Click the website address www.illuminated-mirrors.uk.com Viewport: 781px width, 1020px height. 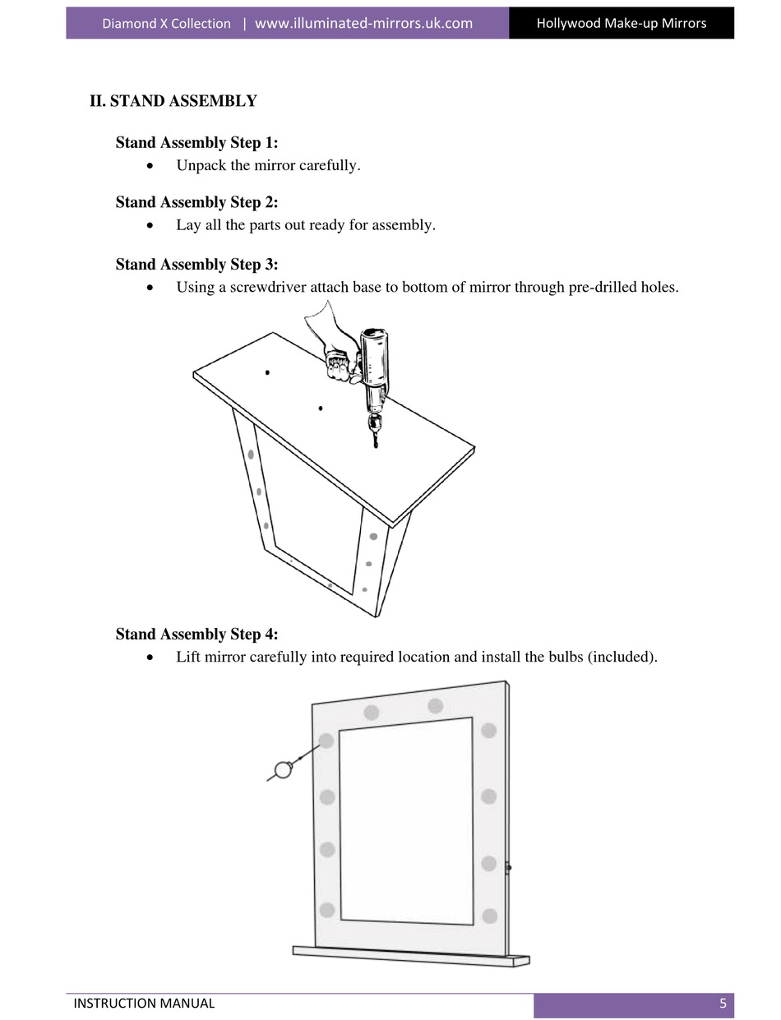[363, 23]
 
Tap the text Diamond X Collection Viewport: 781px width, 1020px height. [166, 23]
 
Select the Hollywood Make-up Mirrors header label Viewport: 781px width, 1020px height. [621, 23]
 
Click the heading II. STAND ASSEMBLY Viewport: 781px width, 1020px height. [173, 101]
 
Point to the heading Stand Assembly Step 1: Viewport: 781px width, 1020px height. [196, 143]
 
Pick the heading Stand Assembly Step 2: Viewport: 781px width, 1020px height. [196, 202]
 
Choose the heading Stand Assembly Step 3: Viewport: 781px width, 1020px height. [196, 265]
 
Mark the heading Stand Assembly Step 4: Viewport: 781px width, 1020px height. [196, 635]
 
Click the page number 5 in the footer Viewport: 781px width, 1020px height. [723, 1003]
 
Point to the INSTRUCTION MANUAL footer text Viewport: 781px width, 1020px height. [144, 1003]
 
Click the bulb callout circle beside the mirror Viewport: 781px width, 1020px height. [284, 769]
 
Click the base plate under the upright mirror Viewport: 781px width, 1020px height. [411, 955]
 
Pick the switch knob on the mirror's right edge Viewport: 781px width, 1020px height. [509, 867]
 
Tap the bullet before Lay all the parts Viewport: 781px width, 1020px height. [149, 225]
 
